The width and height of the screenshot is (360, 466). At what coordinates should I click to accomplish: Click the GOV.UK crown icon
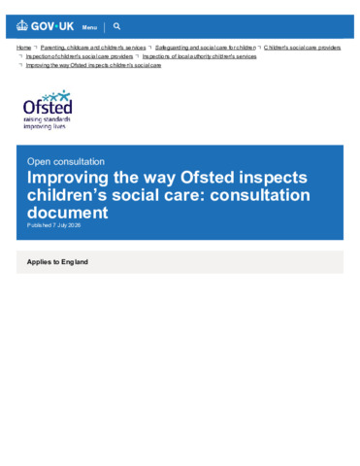point(22,25)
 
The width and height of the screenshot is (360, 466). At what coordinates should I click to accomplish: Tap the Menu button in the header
point(89,27)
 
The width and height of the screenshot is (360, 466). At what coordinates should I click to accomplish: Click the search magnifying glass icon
point(117,26)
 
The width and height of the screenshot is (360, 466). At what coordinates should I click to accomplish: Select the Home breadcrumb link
point(23,48)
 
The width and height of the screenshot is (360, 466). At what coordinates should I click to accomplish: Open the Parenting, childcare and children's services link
point(93,48)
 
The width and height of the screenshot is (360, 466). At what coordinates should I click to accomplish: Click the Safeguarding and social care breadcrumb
point(206,48)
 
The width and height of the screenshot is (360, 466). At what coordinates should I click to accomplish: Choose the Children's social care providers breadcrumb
point(302,48)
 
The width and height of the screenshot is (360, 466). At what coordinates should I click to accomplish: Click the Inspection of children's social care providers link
point(80,56)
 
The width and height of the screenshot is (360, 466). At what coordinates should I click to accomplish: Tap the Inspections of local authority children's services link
point(199,56)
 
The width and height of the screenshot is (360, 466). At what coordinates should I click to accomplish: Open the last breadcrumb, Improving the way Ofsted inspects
point(93,65)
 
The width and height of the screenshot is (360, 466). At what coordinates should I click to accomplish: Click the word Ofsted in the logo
point(48,107)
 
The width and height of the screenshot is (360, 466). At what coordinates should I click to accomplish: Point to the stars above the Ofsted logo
point(56,95)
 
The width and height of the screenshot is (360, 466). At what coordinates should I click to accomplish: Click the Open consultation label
point(66,161)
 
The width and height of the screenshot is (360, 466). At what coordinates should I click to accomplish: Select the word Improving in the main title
point(68,178)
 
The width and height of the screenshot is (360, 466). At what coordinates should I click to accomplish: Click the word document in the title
point(68,213)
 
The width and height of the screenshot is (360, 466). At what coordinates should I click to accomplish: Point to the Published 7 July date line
point(53,225)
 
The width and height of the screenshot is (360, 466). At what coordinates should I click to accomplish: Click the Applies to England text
point(57,262)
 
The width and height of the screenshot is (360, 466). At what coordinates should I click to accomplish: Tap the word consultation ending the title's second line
point(260,195)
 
